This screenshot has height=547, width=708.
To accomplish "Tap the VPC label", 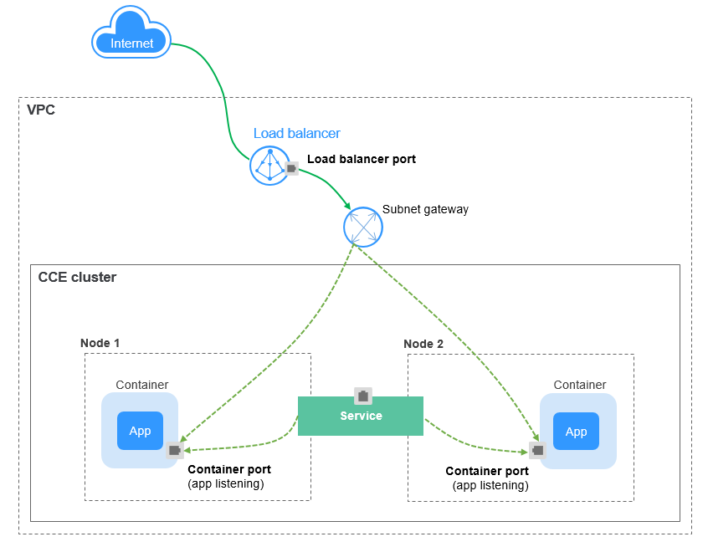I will point(41,110).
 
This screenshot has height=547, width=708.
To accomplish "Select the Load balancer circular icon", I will point(269,165).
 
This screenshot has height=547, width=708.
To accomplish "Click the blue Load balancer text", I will point(297,133).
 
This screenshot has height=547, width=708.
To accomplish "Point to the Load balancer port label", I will point(361,159).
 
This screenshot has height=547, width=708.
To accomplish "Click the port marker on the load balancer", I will point(291,168).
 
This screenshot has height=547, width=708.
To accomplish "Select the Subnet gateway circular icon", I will point(363,226).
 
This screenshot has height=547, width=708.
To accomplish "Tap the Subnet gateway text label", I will point(425,209).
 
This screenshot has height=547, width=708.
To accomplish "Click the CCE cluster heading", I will point(77,277).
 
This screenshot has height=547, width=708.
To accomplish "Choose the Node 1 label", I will point(100,343).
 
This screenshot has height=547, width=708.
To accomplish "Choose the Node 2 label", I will point(423,344).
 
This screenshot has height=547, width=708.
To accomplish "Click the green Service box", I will point(361,416).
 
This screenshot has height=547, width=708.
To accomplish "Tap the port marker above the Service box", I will point(362,395).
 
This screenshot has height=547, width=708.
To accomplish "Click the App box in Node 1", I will point(140,431).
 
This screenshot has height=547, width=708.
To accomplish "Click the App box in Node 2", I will point(576,432).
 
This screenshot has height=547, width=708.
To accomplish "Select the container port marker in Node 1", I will point(174,450).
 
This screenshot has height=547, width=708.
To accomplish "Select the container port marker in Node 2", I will point(537,450).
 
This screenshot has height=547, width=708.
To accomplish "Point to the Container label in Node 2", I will point(579,385).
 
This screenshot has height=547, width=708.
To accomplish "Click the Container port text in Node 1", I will point(228,470).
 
